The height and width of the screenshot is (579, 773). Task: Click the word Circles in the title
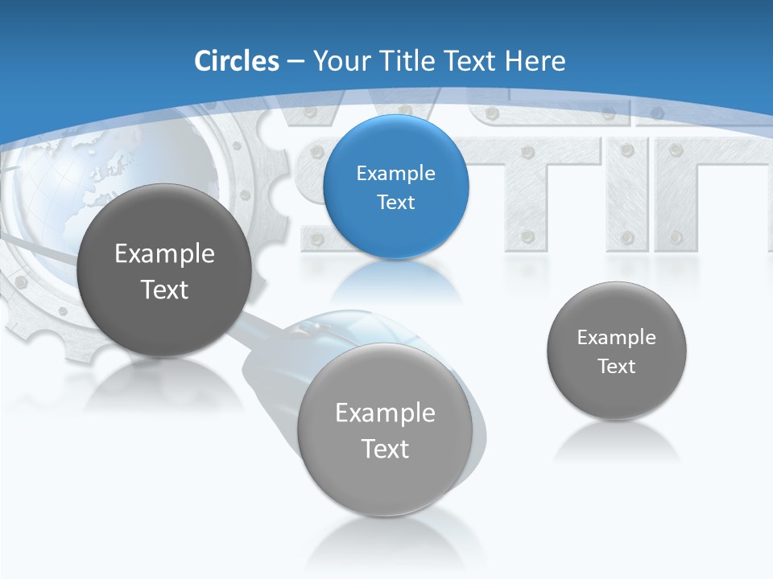click(x=236, y=61)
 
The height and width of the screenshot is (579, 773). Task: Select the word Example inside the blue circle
click(x=395, y=173)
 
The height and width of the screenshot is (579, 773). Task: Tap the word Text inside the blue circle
click(x=395, y=202)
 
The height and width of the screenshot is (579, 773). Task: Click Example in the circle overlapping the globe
click(x=164, y=254)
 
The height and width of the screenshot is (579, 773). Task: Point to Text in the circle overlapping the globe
click(x=164, y=289)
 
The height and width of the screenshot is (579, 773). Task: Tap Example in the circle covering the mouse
click(x=385, y=413)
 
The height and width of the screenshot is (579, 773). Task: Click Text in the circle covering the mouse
click(x=385, y=449)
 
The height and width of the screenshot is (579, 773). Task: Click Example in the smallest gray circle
click(x=616, y=338)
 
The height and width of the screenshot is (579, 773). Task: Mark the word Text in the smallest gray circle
click(x=616, y=367)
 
